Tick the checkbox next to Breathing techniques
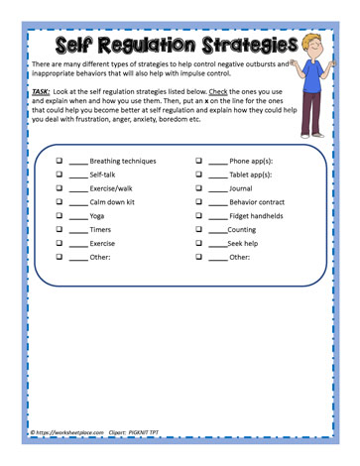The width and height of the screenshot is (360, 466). pyautogui.click(x=60, y=160)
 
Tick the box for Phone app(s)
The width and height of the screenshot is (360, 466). pyautogui.click(x=198, y=160)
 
